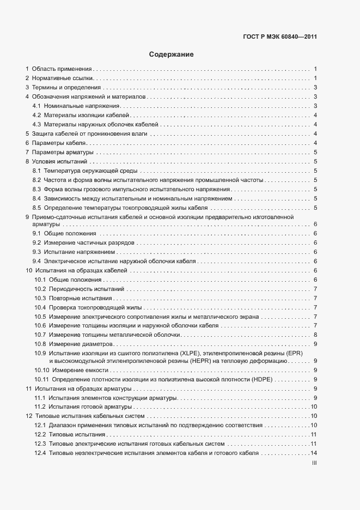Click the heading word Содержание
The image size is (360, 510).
point(172,55)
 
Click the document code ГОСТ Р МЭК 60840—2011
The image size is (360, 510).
point(280,37)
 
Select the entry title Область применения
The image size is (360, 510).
point(62,69)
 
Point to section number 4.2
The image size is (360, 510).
point(37,116)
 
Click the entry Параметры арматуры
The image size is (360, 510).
point(63,152)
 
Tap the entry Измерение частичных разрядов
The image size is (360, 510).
point(89,242)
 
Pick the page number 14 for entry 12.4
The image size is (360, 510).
point(314,453)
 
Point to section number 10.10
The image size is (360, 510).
point(41,370)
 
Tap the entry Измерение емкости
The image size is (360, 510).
point(74,370)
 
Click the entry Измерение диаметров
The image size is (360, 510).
point(80,344)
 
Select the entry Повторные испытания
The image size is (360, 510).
point(80,298)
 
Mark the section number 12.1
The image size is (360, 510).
point(39,426)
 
